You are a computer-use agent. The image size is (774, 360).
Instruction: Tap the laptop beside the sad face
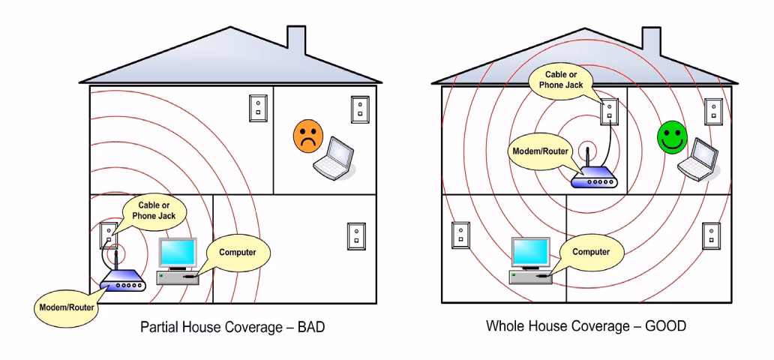[x=334, y=157]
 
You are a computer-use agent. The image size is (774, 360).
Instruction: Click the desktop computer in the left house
[x=178, y=261]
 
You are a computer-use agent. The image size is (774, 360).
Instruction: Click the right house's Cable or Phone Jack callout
[x=560, y=79]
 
